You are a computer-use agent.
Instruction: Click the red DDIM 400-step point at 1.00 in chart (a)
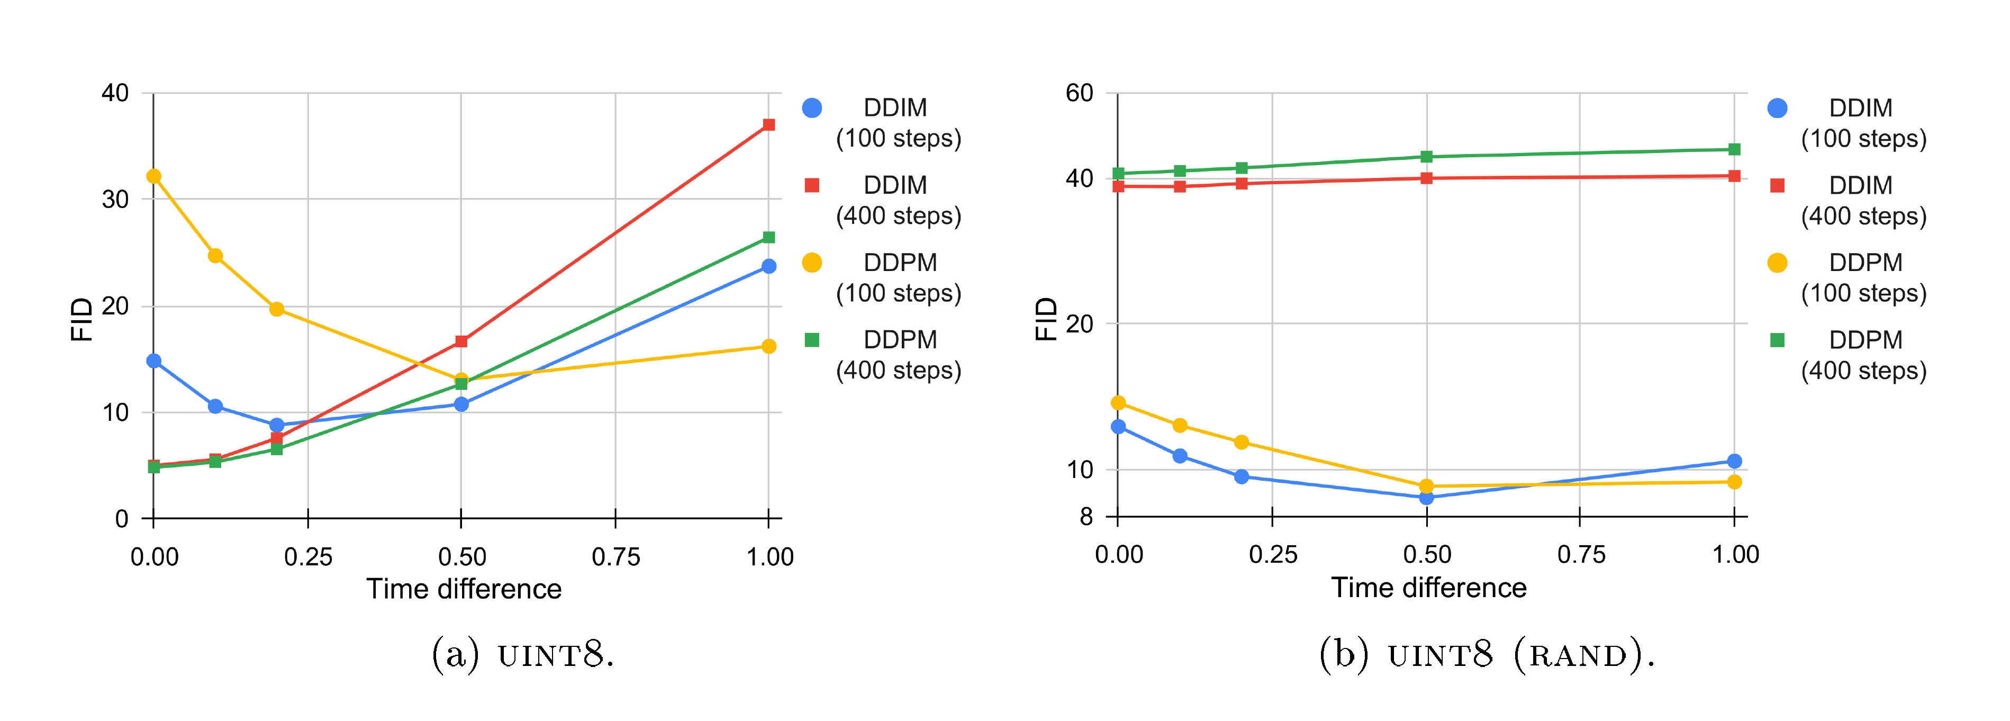point(768,125)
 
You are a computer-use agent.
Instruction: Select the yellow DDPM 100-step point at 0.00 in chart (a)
point(153,176)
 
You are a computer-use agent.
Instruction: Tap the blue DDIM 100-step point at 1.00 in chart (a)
point(768,267)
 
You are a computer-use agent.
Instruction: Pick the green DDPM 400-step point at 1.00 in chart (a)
point(768,237)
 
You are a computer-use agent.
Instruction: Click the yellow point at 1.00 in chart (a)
point(768,346)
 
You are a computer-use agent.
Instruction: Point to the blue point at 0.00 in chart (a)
point(153,361)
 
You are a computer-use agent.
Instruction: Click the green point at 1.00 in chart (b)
point(1734,150)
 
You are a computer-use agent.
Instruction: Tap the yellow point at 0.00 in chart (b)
point(1118,403)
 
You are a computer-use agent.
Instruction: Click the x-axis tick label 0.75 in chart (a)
point(615,557)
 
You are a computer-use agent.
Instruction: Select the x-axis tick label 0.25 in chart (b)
point(1273,555)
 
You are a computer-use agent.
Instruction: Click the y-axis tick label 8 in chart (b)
point(1086,517)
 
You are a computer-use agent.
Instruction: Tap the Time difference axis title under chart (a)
point(464,589)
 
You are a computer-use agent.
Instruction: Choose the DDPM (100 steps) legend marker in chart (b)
point(1777,263)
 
